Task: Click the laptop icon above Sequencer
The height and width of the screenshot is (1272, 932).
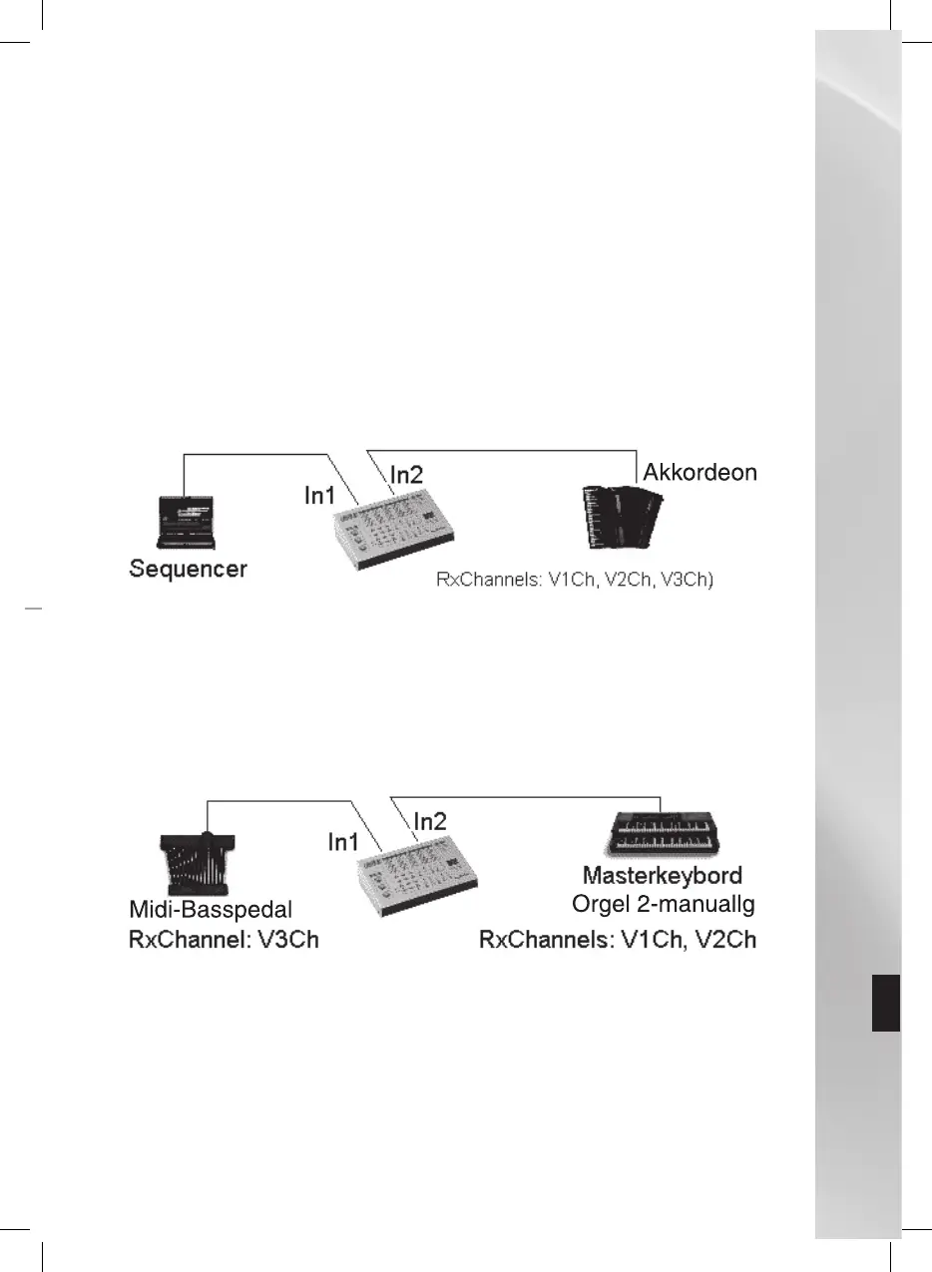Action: (x=186, y=522)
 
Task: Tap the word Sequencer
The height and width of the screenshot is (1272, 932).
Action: (x=189, y=570)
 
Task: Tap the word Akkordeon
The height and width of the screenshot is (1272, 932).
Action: (x=700, y=472)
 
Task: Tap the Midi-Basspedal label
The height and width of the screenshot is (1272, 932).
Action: (x=211, y=910)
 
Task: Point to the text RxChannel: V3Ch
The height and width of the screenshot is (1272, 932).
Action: (x=224, y=940)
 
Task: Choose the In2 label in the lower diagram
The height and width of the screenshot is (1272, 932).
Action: (x=430, y=821)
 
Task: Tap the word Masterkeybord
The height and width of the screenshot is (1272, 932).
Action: (x=662, y=877)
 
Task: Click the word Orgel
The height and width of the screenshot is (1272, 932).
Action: (x=598, y=905)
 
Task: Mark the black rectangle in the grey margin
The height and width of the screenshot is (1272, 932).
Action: (x=885, y=1004)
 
